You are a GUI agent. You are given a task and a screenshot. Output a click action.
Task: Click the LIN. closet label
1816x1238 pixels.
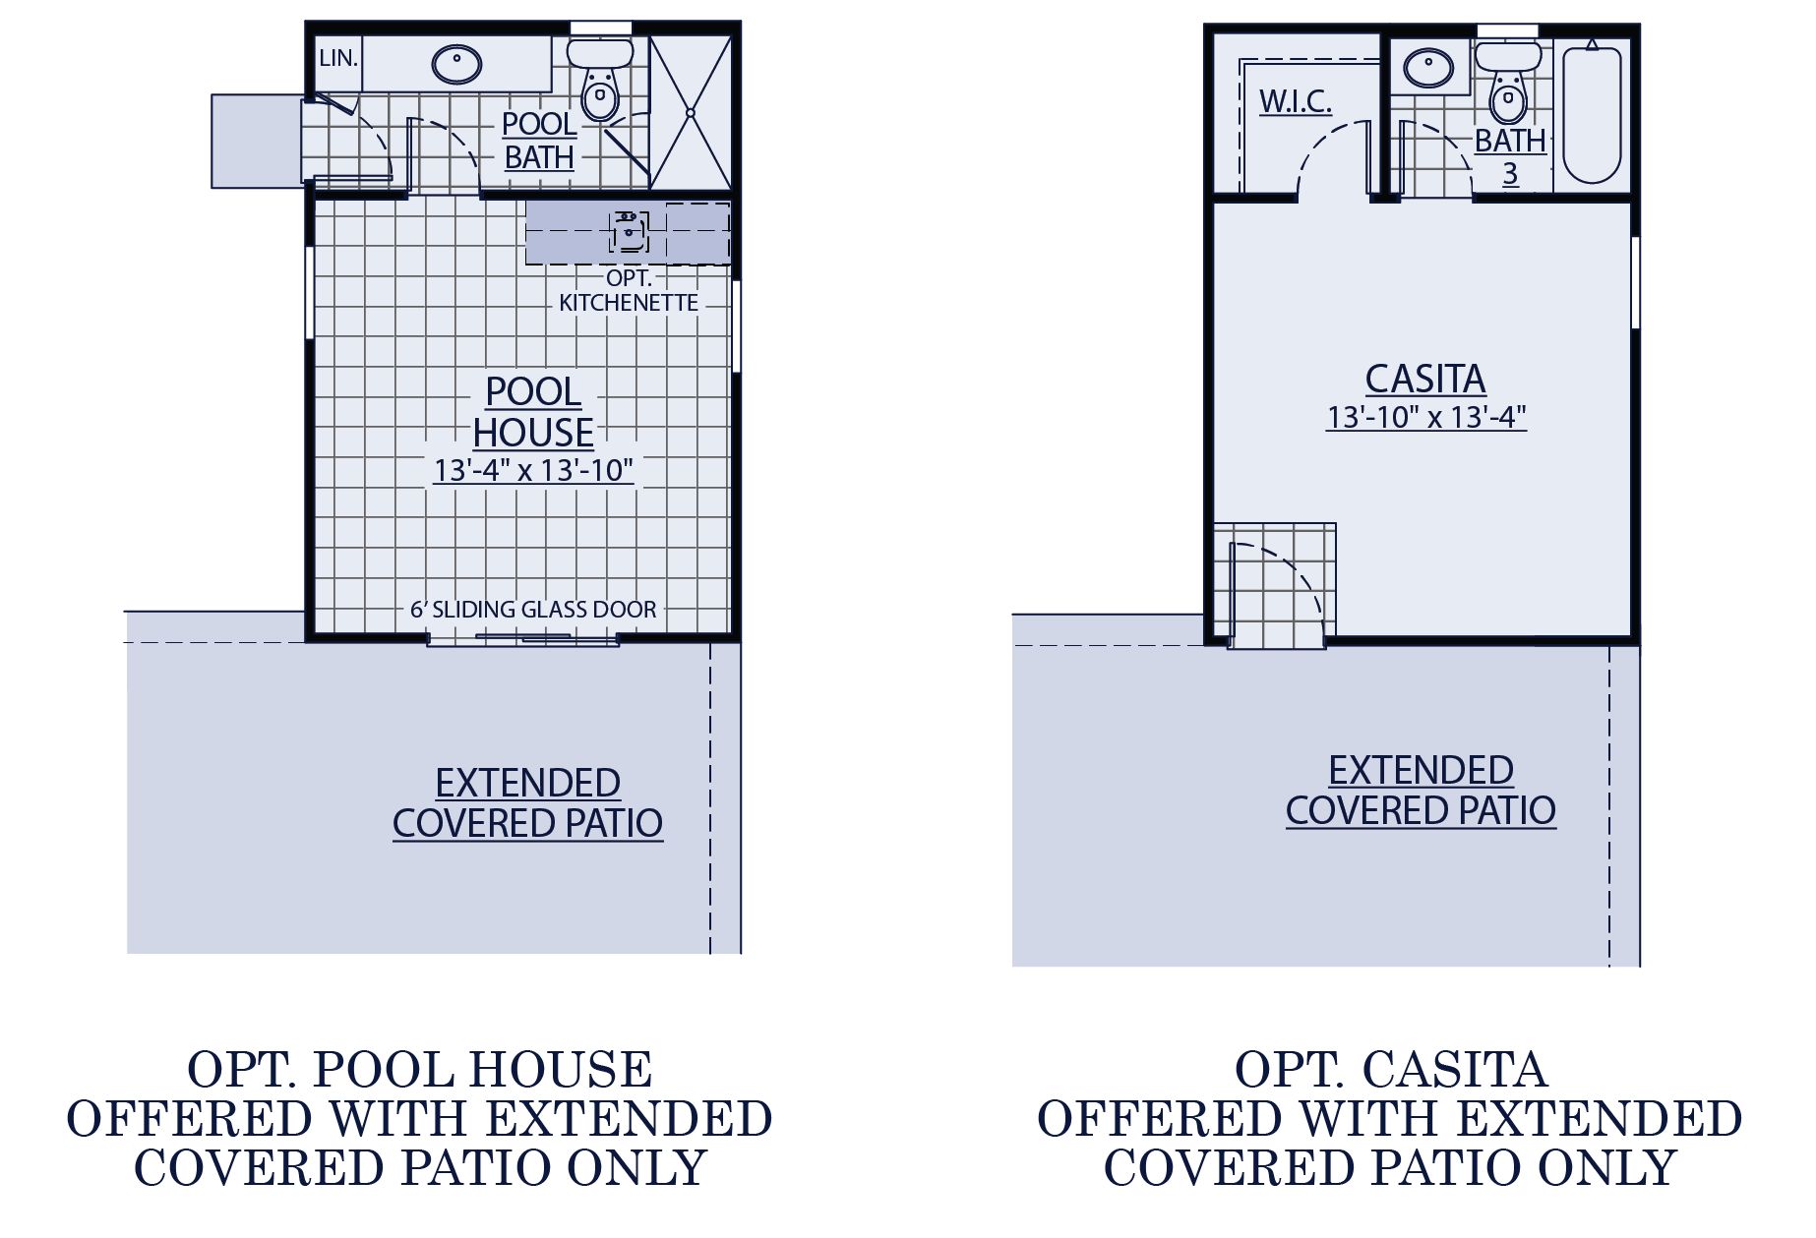point(337,59)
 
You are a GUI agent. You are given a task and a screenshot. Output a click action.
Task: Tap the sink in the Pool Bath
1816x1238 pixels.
point(456,65)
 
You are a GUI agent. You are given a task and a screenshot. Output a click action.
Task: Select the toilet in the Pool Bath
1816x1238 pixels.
point(599,85)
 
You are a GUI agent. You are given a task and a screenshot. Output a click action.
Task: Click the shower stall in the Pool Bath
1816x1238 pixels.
point(691,112)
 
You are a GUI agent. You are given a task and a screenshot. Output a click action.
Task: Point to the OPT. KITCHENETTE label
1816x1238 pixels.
point(629,291)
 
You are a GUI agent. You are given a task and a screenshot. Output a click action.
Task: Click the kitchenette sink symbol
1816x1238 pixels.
point(628,232)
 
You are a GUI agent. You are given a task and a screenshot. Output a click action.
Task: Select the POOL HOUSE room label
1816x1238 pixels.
point(533,412)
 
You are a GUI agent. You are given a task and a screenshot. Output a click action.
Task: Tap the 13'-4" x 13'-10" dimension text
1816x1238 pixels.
point(533,471)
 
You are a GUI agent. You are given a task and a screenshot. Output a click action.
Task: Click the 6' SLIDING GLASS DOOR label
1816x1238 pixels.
point(533,610)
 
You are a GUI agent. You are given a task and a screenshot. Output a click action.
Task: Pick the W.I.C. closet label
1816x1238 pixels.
point(1295,101)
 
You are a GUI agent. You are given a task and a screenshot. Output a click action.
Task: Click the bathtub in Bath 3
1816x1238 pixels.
point(1591,115)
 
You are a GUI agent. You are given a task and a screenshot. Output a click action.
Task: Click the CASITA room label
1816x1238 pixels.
point(1425,380)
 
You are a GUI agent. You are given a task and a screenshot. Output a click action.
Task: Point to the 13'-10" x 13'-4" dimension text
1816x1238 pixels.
point(1425,418)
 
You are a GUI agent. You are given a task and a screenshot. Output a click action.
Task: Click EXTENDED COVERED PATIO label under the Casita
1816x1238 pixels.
point(1421,791)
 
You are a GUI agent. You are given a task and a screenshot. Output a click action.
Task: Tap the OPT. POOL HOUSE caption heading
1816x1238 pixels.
point(420,1071)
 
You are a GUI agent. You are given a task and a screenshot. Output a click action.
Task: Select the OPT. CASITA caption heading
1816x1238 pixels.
point(1390,1071)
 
